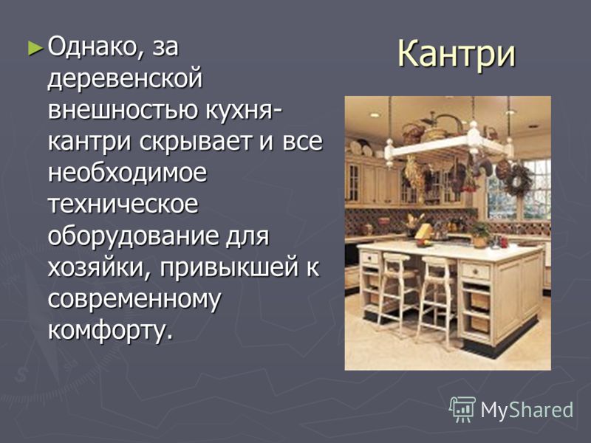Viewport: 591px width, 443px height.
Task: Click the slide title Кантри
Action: click(x=456, y=54)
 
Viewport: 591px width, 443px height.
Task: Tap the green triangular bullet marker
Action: click(x=35, y=48)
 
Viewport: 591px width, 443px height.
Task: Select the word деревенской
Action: click(x=125, y=78)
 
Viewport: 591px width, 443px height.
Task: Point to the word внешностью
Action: click(x=123, y=109)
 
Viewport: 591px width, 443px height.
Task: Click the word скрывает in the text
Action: click(x=195, y=142)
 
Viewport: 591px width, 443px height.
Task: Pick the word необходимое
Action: click(x=127, y=173)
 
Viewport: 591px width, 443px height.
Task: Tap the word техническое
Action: click(x=123, y=205)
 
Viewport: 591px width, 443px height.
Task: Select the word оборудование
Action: click(x=134, y=236)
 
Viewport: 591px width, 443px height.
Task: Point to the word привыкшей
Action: click(x=228, y=268)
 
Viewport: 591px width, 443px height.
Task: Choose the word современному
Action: click(x=134, y=300)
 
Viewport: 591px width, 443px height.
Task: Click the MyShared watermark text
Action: click(x=527, y=410)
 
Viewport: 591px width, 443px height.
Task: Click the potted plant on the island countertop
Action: click(x=480, y=233)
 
